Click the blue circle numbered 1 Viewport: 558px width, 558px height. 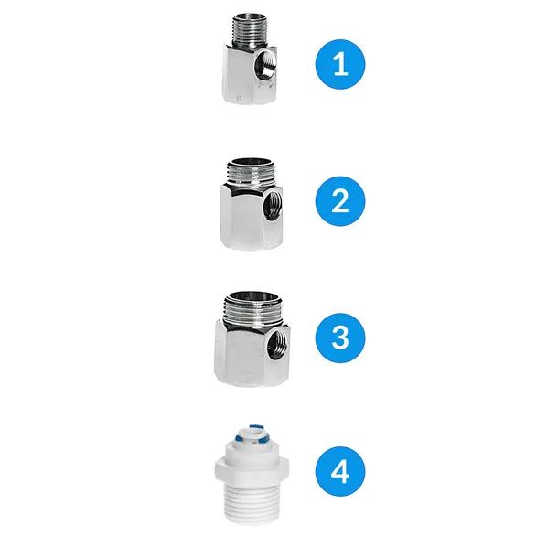coord(339,65)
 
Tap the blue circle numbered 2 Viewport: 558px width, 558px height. coord(339,200)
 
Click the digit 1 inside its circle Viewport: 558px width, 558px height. coord(339,65)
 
